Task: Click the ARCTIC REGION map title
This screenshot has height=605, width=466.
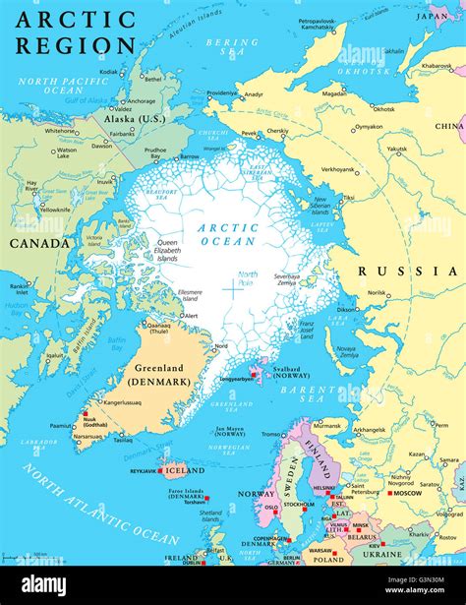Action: (x=75, y=32)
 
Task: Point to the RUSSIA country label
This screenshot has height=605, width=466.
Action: (x=407, y=271)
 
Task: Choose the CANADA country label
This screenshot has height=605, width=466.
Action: (x=38, y=243)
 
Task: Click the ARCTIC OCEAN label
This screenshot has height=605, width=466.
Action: (x=228, y=234)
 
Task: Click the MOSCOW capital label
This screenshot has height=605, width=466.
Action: (x=405, y=492)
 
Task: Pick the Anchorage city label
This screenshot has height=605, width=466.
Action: (x=141, y=100)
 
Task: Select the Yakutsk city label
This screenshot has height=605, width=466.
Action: (x=396, y=150)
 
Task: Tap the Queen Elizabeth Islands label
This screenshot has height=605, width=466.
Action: (x=168, y=250)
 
